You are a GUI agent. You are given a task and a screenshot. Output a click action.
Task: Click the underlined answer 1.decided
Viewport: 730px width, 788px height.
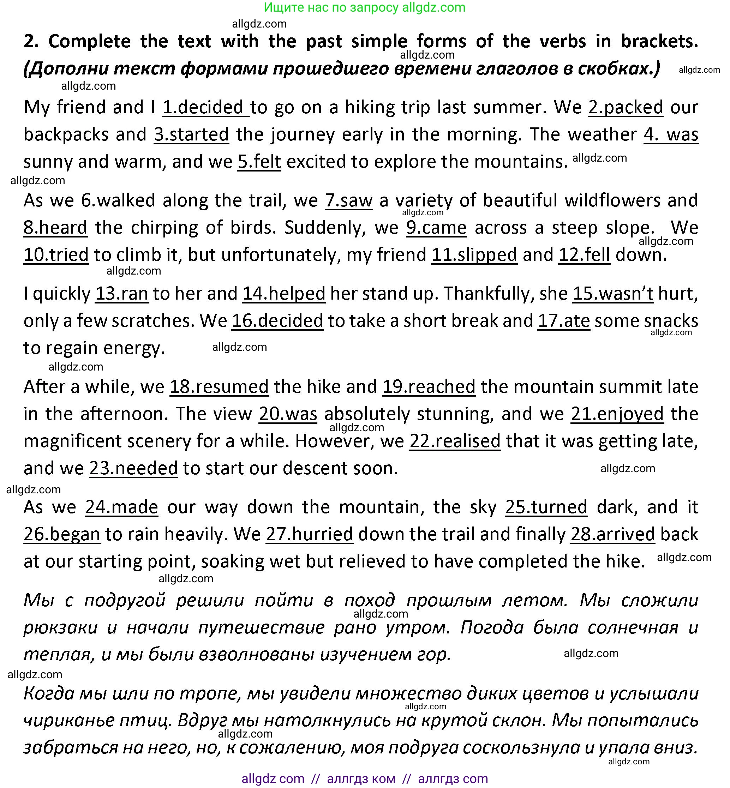(x=205, y=107)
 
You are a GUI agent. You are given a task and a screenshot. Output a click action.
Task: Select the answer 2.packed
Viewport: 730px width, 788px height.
(x=625, y=107)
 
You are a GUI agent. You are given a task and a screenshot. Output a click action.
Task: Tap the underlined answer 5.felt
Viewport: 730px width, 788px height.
(x=259, y=162)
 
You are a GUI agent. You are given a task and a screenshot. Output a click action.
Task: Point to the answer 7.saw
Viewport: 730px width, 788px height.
(x=349, y=200)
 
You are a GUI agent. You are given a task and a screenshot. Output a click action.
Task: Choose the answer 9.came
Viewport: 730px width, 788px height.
(x=436, y=228)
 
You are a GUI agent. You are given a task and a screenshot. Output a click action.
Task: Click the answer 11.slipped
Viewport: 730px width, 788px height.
(x=474, y=255)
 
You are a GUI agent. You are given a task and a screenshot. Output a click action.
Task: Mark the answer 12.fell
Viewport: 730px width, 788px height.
(x=584, y=255)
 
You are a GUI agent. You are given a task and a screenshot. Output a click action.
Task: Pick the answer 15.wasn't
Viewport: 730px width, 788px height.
(x=613, y=294)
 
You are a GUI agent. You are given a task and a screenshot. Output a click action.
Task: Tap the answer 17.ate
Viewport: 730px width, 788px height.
(x=564, y=321)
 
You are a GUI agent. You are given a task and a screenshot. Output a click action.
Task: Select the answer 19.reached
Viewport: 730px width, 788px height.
(x=429, y=387)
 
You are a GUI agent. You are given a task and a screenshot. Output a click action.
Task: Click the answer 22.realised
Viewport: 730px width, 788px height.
(x=455, y=441)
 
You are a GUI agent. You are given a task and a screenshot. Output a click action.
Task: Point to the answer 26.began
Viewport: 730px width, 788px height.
(x=62, y=534)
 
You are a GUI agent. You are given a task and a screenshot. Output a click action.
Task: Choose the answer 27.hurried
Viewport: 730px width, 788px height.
(x=309, y=534)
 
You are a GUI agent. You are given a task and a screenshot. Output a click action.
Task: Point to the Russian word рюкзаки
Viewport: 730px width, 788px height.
(x=60, y=628)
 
